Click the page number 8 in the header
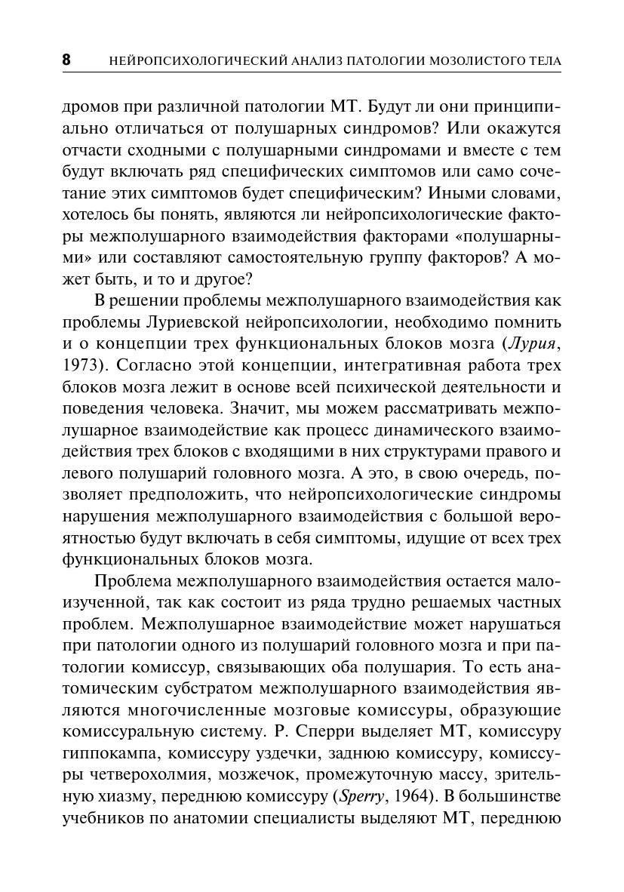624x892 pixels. (66, 60)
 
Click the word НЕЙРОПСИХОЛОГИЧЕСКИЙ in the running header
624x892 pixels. (188, 60)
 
